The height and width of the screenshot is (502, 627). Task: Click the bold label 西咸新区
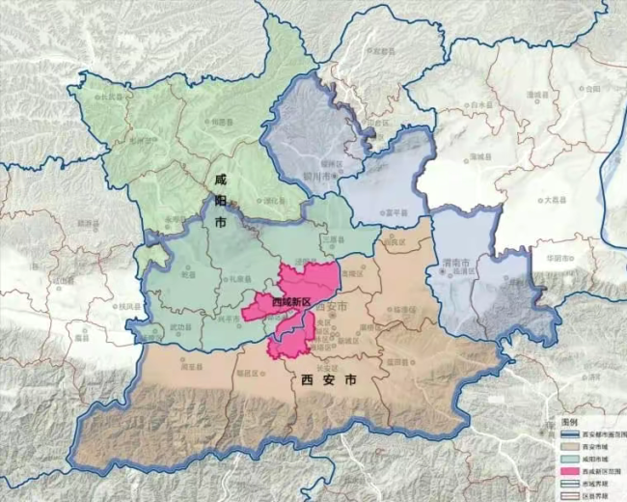(x=290, y=302)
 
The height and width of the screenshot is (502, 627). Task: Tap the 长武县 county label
(x=117, y=97)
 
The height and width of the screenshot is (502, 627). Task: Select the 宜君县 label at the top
(x=384, y=50)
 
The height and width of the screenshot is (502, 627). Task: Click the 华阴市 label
(x=560, y=259)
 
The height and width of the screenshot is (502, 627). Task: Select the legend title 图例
(x=570, y=424)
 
